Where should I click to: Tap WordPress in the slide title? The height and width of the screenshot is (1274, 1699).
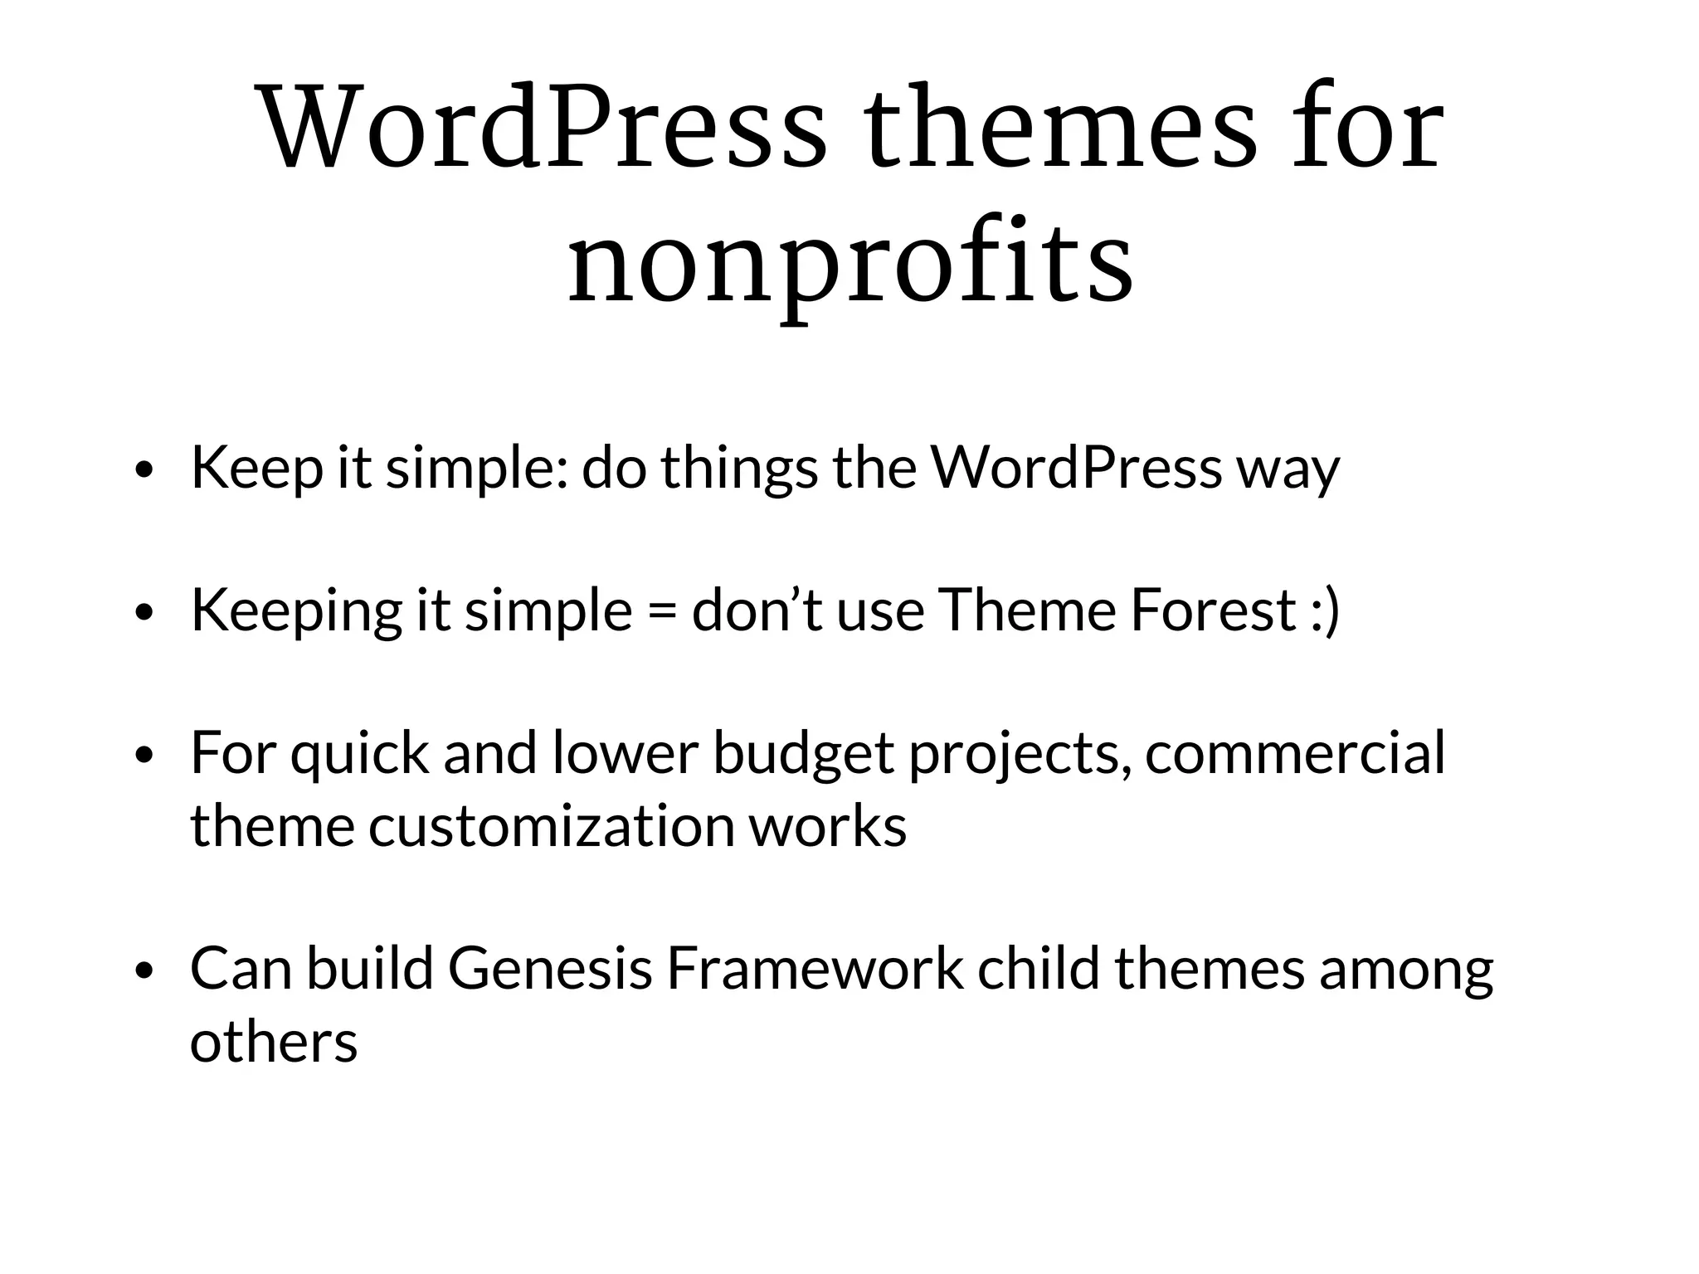(543, 129)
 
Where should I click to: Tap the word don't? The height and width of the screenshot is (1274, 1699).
(757, 610)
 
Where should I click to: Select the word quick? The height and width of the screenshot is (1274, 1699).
(359, 755)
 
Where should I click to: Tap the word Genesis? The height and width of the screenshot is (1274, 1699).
(550, 969)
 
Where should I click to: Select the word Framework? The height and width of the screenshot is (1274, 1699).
(815, 969)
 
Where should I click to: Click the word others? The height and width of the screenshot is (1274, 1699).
(274, 1042)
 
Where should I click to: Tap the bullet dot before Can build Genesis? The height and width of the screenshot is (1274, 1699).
(145, 970)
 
